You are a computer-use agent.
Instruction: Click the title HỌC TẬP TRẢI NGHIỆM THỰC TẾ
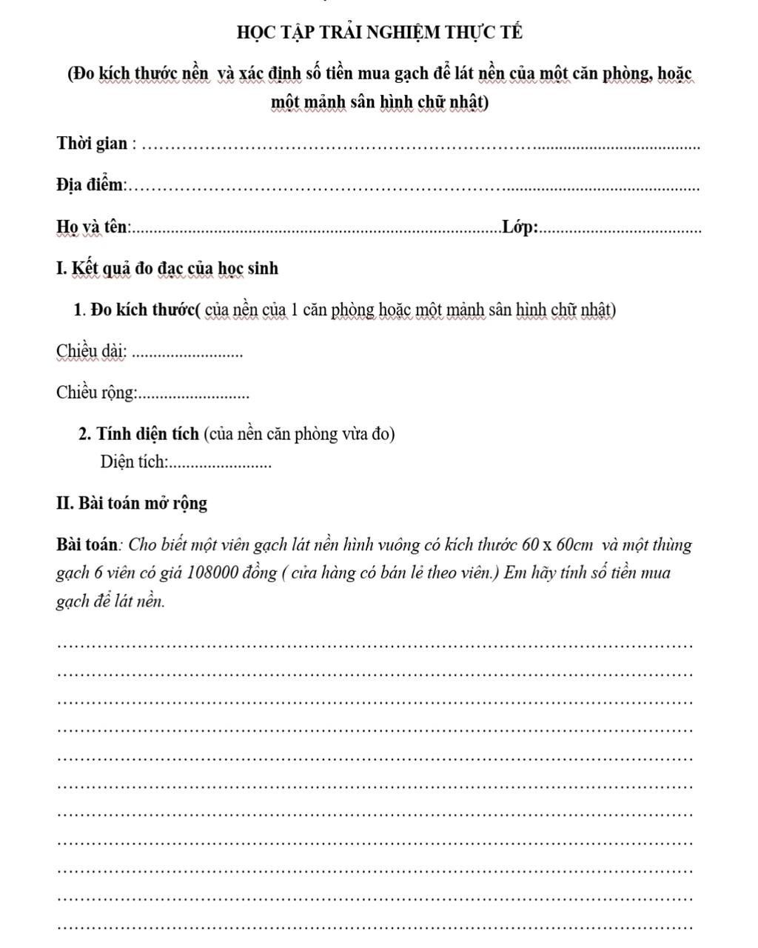coord(379,33)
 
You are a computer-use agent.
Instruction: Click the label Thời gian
coord(92,143)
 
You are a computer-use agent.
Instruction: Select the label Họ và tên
coord(93,227)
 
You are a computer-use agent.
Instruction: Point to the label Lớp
coord(520,227)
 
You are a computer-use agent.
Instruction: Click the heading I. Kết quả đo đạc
coord(167,268)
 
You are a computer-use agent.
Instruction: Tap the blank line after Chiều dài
coord(190,355)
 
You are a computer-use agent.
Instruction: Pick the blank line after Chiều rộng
coord(194,396)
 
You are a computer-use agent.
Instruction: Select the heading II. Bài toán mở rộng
coord(132,504)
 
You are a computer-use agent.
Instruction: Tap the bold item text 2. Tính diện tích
coord(138,433)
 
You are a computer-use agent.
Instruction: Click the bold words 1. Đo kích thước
coord(135,310)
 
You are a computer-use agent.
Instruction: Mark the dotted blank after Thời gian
coord(420,147)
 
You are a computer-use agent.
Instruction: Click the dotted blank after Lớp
coord(620,231)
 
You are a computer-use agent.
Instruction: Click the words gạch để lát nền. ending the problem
coord(111,601)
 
